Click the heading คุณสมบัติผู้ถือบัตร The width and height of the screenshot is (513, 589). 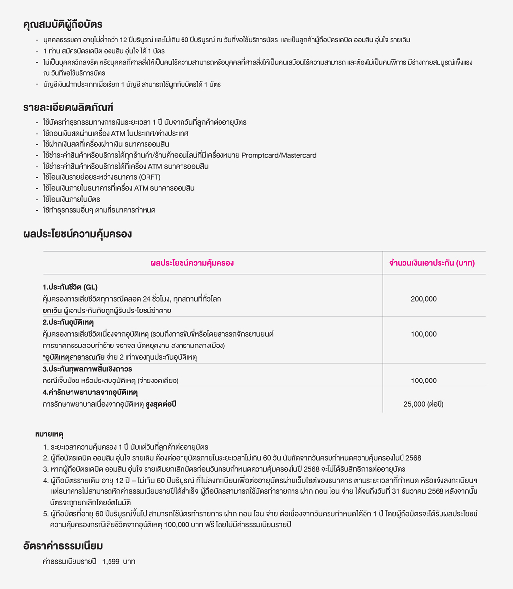click(63, 24)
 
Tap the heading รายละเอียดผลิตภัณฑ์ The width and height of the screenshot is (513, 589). click(68, 107)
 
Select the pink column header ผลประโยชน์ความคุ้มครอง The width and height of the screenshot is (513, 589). click(192, 263)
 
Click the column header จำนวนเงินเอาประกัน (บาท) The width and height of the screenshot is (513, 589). click(432, 263)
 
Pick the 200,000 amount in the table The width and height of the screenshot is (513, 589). click(423, 299)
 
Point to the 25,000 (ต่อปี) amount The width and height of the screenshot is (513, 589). click(423, 404)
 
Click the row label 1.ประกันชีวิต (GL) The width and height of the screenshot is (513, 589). click(70, 287)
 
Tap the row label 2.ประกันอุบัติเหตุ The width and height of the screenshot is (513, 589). click(68, 322)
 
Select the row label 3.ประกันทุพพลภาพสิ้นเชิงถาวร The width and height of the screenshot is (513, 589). click(87, 369)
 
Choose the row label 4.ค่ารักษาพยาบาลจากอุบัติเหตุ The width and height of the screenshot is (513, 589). click(90, 392)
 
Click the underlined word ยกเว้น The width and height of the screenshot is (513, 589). click(52, 311)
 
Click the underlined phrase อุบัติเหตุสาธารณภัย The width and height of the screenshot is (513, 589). click(74, 357)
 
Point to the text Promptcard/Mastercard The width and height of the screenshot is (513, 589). click(279, 155)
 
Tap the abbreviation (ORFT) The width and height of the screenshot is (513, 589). click(149, 177)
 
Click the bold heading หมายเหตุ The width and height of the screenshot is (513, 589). click(49, 434)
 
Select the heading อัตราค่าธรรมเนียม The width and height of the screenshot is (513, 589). click(63, 546)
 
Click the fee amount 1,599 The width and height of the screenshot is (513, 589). click(110, 561)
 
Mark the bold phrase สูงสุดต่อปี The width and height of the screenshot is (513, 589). click(161, 404)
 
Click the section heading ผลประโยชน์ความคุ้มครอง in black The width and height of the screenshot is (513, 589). click(77, 234)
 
